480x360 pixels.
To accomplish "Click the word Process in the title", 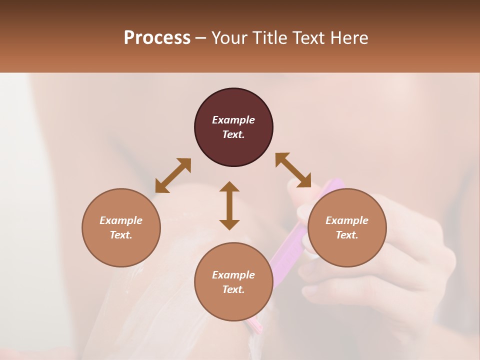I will [x=157, y=38].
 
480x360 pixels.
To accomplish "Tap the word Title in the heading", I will [x=268, y=38].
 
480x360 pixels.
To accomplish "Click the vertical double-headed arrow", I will [x=229, y=205].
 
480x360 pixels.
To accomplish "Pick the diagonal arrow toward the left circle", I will [x=173, y=175].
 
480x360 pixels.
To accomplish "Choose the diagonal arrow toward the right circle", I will [x=293, y=170].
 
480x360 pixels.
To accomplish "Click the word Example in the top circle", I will [x=233, y=120].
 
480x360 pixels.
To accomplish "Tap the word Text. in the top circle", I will [x=233, y=134].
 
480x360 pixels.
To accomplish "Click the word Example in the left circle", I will [x=121, y=220].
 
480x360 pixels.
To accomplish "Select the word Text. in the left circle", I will [x=121, y=235].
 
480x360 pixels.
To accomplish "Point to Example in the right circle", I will [x=347, y=220].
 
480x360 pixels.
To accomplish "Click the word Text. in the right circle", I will [x=347, y=235].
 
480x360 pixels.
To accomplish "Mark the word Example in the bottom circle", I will [x=233, y=275].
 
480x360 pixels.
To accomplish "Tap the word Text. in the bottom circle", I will [x=233, y=289].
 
